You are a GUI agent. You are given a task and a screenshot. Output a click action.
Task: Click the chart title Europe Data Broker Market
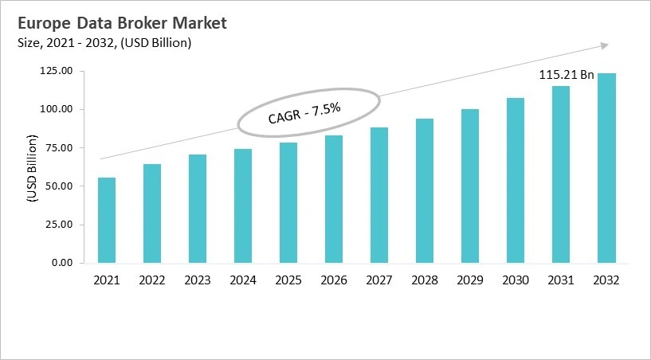pos(116,23)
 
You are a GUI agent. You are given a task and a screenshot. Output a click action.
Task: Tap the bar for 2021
pos(106,220)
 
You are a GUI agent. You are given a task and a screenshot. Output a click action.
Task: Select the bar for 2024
pos(243,205)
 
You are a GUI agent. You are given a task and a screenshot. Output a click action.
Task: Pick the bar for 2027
pos(379,195)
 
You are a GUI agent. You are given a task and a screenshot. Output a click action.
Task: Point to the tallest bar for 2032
pos(606,168)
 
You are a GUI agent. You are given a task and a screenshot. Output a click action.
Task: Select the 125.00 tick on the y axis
pos(57,71)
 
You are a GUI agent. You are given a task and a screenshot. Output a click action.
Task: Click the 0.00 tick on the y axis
pos(62,263)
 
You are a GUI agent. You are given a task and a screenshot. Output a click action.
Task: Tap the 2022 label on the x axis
pos(152,280)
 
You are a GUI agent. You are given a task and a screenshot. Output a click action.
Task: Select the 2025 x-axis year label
pos(288,280)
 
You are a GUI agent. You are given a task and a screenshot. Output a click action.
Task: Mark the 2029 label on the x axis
pos(470,280)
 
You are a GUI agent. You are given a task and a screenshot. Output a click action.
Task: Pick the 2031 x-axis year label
pos(561,280)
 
